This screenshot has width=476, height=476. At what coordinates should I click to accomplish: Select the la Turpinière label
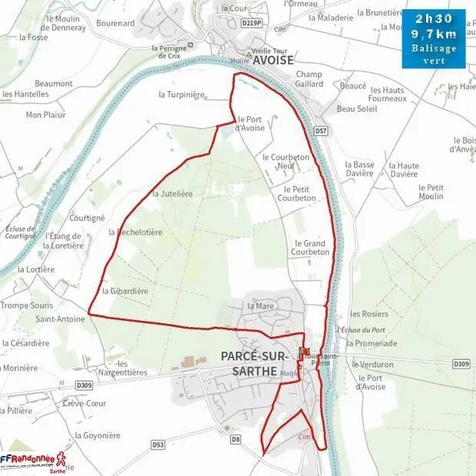click(182, 94)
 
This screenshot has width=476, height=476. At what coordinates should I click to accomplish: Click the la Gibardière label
click(124, 291)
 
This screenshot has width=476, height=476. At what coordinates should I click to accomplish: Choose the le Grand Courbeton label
click(310, 247)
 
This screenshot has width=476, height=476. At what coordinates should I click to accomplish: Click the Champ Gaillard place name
click(309, 79)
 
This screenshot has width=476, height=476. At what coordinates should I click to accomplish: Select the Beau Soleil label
click(357, 109)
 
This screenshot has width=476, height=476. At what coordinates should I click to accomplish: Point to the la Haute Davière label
click(404, 170)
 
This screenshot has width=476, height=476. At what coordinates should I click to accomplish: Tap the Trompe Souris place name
click(26, 306)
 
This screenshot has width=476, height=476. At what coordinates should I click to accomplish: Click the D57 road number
click(321, 132)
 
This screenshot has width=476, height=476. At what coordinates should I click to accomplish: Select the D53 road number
click(158, 444)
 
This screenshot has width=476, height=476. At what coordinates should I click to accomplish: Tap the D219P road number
click(251, 24)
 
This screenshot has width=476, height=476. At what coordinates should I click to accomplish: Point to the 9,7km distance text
click(434, 35)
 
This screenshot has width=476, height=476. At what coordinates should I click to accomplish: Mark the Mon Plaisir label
click(45, 115)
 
